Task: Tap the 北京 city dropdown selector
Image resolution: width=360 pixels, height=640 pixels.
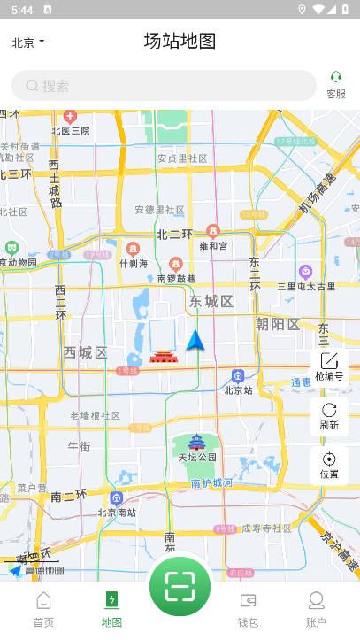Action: click(x=28, y=42)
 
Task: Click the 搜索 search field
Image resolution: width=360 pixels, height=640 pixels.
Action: click(x=164, y=86)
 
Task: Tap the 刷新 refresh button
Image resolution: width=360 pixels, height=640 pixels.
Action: click(x=329, y=416)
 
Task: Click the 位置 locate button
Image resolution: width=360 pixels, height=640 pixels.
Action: click(x=329, y=465)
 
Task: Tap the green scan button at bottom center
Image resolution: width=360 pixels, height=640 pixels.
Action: click(x=180, y=586)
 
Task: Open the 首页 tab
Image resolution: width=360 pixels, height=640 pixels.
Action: click(x=43, y=609)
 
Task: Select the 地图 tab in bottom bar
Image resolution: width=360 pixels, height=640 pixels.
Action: click(x=111, y=609)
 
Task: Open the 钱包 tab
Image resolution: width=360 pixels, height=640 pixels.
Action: click(x=248, y=609)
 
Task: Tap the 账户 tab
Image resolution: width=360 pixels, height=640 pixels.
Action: click(x=316, y=609)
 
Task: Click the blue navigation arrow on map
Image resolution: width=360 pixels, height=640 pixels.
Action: click(x=195, y=340)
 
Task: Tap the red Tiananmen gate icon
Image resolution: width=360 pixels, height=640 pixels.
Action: click(x=163, y=356)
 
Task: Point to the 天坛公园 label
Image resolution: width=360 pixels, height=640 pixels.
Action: click(x=197, y=457)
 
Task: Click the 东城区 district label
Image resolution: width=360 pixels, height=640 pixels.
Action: click(x=211, y=302)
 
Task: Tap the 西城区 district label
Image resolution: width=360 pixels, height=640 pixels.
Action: click(x=85, y=353)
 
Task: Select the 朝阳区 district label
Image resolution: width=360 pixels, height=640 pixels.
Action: click(x=279, y=324)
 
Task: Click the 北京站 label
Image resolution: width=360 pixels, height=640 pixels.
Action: click(x=238, y=389)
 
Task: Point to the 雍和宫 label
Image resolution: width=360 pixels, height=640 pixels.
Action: click(x=213, y=245)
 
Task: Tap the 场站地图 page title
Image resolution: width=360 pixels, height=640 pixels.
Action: click(x=180, y=41)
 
